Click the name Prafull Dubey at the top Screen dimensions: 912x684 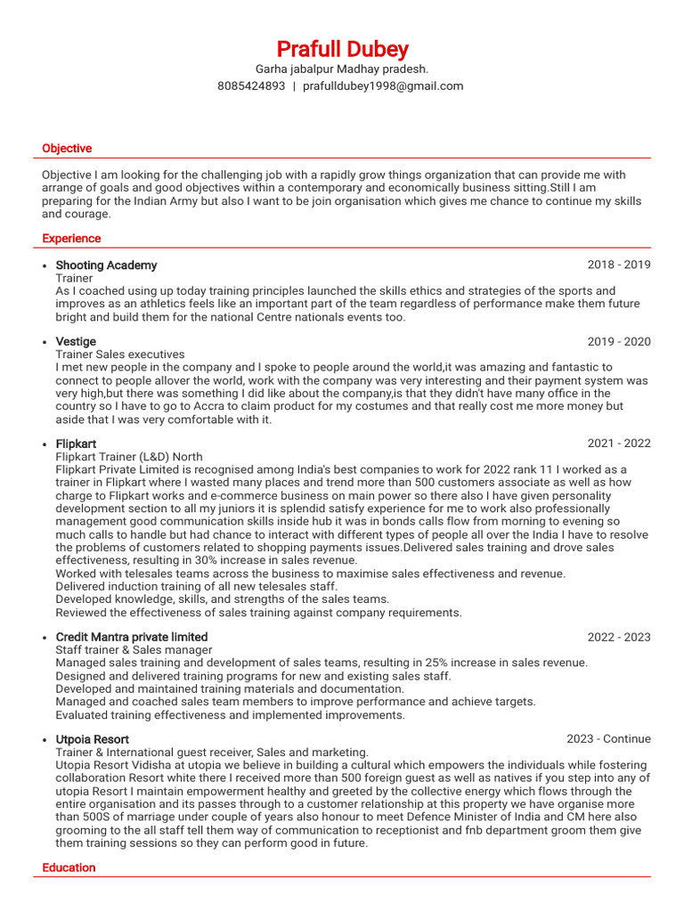point(342,48)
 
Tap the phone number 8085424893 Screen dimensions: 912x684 point(251,86)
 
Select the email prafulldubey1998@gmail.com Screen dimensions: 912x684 point(383,86)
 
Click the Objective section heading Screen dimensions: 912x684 point(67,149)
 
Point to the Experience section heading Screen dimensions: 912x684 point(71,239)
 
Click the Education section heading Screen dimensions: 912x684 point(69,867)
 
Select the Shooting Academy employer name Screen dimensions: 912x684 point(106,265)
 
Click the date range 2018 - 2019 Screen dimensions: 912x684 point(618,265)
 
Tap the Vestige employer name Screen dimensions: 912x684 point(76,342)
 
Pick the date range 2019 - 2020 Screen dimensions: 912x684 point(618,342)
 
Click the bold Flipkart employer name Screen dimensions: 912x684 point(76,444)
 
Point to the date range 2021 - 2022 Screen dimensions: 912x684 point(618,444)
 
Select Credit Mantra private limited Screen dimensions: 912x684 point(132,638)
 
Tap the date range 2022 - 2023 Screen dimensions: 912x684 point(618,638)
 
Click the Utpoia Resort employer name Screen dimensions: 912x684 point(92,739)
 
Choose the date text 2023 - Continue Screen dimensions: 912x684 point(608,739)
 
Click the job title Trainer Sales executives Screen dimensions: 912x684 point(120,354)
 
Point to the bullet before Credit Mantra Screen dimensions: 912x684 point(45,639)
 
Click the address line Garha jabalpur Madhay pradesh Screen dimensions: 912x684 point(342,69)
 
